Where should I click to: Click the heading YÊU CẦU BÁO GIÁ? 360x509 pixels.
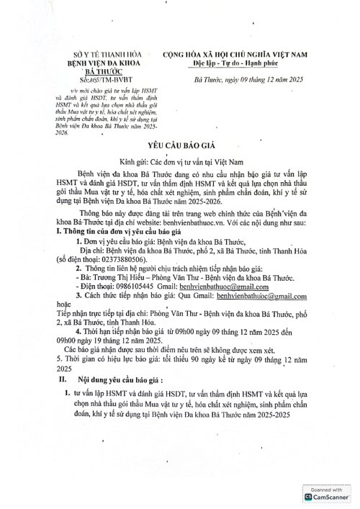[x=180, y=145]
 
